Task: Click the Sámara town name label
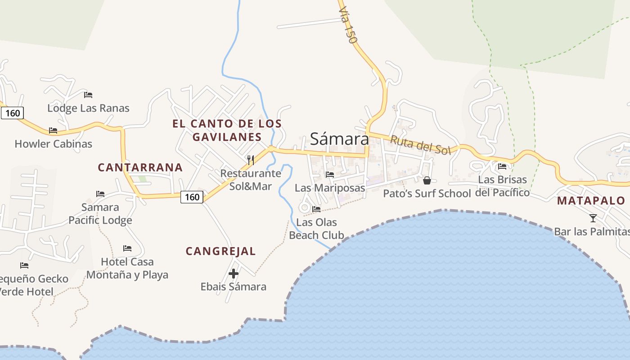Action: tap(339, 139)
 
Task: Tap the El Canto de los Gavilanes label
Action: tap(227, 130)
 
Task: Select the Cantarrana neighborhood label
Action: tap(140, 167)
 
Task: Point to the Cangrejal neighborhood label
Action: tap(220, 251)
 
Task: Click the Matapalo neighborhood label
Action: tap(591, 201)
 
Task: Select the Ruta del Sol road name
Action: tap(420, 145)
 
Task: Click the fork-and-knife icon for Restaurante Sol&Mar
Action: tap(251, 160)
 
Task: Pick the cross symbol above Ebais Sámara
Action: tap(234, 273)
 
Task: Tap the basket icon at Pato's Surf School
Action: tap(427, 180)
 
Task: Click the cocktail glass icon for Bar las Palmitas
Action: tap(593, 218)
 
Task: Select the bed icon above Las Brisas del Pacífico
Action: tap(502, 166)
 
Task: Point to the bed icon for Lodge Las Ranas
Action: tap(88, 95)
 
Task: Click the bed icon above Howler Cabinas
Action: tap(53, 130)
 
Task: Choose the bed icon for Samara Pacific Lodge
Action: tap(100, 194)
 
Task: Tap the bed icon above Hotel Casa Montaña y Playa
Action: tap(127, 248)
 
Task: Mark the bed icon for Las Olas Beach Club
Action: tap(316, 209)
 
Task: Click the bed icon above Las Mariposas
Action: tap(330, 175)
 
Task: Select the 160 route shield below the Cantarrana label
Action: tap(192, 197)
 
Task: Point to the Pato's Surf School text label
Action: tap(427, 193)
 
